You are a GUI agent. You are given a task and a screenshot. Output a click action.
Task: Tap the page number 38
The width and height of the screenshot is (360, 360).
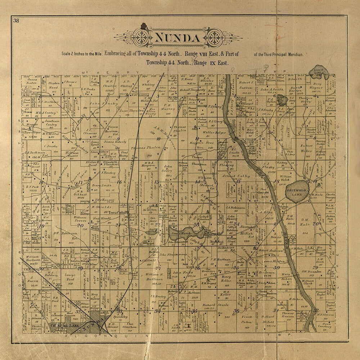[x=16, y=20]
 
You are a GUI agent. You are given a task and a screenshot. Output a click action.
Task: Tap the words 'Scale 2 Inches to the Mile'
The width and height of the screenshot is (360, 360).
[x=82, y=54]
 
